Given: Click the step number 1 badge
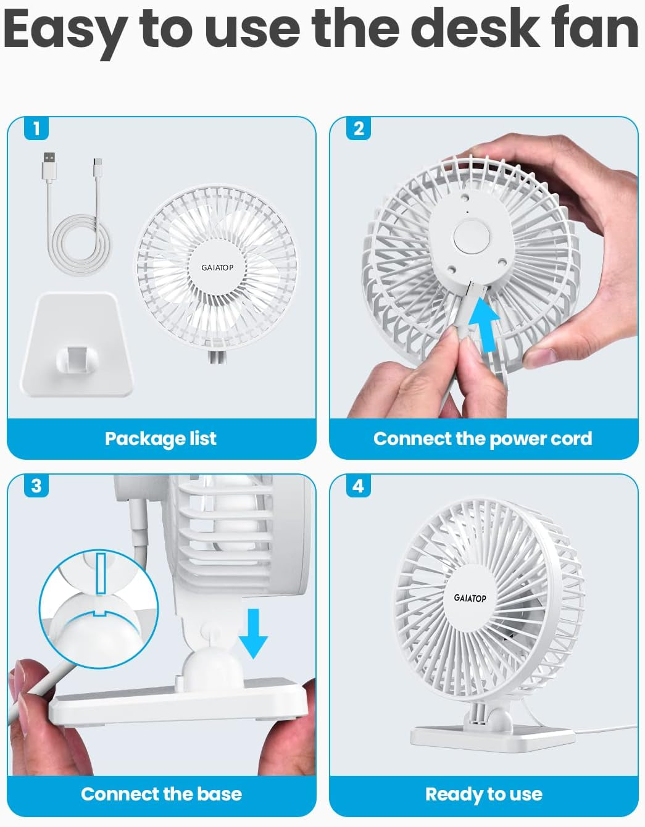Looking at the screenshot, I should [x=36, y=128].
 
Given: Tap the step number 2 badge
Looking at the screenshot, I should [x=359, y=128].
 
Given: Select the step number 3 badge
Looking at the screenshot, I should [x=36, y=486].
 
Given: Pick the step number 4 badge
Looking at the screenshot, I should [x=359, y=486].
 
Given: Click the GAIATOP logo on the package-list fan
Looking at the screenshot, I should [x=217, y=267].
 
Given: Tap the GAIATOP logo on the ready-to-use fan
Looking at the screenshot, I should [x=470, y=598].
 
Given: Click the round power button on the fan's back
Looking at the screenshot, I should [x=471, y=236].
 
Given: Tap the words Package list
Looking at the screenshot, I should [x=160, y=439].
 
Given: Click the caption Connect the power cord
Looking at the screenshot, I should [x=483, y=439].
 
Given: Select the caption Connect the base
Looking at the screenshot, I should [x=161, y=794].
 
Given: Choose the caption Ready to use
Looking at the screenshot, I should [x=483, y=794].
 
